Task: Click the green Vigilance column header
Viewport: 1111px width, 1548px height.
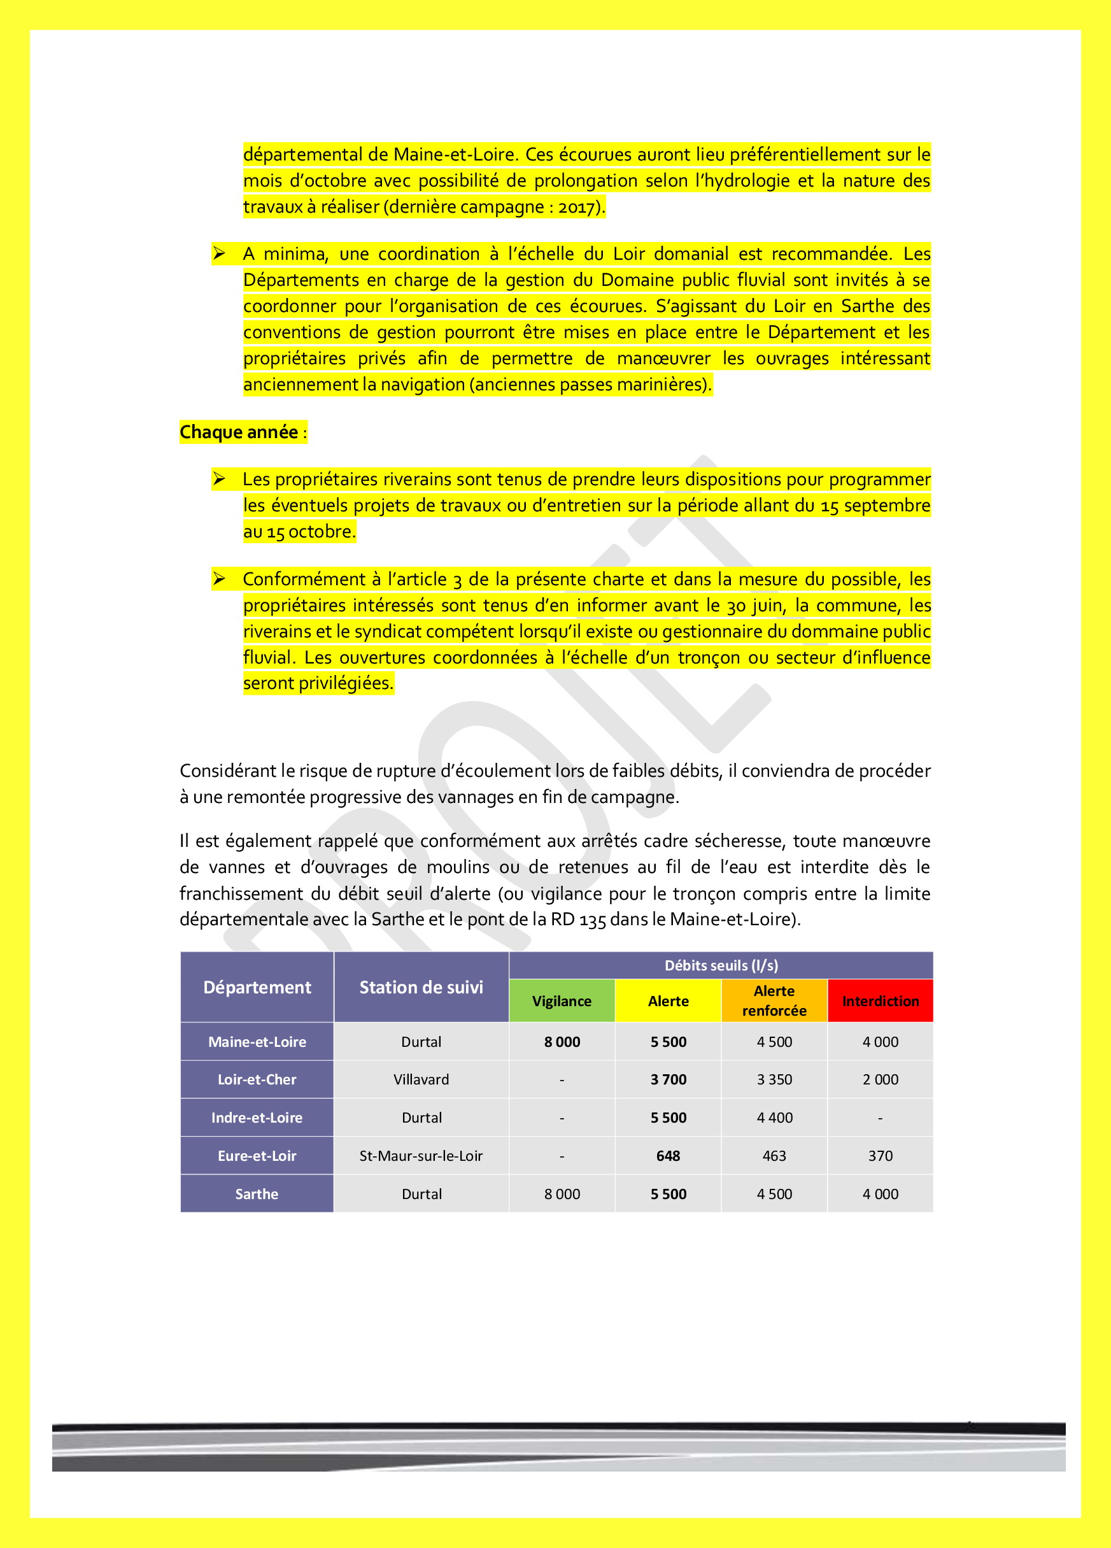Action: tap(562, 1000)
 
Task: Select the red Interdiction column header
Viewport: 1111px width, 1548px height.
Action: tap(880, 1000)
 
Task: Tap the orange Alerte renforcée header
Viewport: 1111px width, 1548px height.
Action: tap(774, 1000)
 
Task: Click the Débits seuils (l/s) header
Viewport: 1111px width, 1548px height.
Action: tap(721, 965)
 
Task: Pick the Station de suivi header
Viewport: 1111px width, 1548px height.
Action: tap(421, 987)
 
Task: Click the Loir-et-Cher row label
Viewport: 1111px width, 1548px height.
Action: tap(257, 1079)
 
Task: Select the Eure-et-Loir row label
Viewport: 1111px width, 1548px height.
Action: tap(257, 1156)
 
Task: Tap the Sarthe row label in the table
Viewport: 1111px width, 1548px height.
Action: tap(257, 1194)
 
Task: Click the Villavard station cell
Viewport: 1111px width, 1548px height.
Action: tap(421, 1079)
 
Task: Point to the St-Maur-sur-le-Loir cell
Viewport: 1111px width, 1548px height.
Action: tap(421, 1156)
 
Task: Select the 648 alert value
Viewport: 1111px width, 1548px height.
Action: tap(668, 1156)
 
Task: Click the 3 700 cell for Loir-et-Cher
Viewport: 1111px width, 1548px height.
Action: tap(668, 1079)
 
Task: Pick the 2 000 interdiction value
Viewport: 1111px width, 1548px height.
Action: tap(880, 1079)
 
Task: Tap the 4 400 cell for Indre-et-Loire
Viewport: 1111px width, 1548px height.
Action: tap(774, 1118)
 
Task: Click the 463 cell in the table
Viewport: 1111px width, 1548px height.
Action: tap(774, 1156)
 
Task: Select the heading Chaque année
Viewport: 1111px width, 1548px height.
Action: tap(239, 432)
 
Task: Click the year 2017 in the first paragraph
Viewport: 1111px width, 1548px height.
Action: tap(577, 207)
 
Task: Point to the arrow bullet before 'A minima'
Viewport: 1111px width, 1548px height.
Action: tap(218, 254)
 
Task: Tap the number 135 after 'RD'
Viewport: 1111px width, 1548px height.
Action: tap(592, 920)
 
